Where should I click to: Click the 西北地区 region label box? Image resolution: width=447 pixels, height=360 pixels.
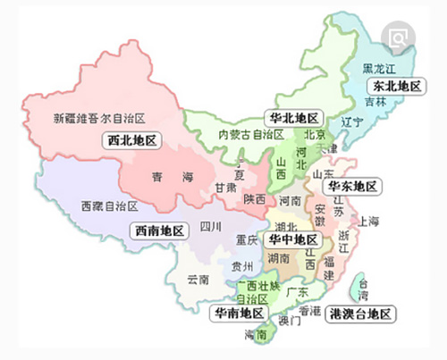131,140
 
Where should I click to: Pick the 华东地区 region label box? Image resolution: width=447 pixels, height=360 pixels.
352,187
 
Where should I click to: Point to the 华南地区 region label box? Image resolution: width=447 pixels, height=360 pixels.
238,314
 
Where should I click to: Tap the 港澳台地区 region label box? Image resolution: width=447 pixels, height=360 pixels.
359,314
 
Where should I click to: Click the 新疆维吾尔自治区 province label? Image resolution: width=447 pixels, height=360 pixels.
99,117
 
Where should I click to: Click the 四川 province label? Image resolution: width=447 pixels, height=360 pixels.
210,225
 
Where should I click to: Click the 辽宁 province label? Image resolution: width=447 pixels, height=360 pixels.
352,121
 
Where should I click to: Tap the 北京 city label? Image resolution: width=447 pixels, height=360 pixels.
314,135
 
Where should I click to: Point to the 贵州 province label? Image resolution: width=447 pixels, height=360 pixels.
241,266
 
